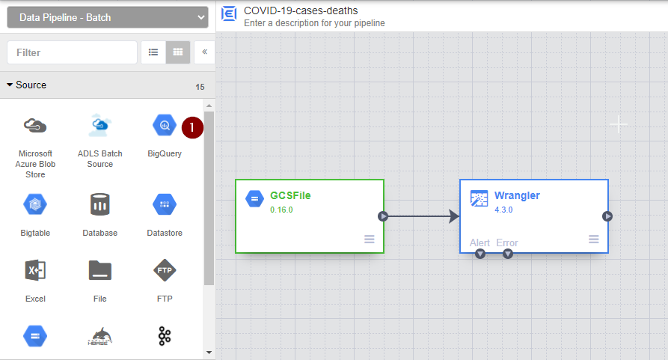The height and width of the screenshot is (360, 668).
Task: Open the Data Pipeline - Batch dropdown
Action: pos(108,17)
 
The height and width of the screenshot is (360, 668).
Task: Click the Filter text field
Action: pos(72,52)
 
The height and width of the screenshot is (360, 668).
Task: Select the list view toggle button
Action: pos(153,52)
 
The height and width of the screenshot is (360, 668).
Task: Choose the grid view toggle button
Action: pos(177,52)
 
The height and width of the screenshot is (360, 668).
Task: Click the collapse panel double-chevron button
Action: pos(204,52)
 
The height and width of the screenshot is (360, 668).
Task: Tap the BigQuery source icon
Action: pos(165,125)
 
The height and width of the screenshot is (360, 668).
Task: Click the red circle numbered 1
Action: pos(192,127)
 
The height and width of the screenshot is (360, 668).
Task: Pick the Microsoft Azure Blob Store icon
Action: pos(35,126)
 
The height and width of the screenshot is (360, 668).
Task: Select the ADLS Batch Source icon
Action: pos(99,125)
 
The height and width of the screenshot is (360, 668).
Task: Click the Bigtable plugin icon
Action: pos(35,204)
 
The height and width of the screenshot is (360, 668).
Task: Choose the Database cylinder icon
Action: pos(99,204)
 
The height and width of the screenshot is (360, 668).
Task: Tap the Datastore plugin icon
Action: pos(165,204)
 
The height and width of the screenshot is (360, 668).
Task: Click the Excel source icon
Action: pos(35,270)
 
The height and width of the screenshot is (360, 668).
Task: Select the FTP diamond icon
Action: pos(165,270)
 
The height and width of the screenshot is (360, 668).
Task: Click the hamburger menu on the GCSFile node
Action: pos(370,240)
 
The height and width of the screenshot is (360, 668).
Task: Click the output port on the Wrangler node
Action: pos(607,216)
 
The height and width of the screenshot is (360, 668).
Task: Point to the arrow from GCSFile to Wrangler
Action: pos(422,216)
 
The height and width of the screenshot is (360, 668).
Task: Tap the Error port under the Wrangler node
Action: pos(508,254)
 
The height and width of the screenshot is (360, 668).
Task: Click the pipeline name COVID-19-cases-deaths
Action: pos(301,10)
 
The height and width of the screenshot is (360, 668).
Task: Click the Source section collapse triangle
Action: pos(10,85)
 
